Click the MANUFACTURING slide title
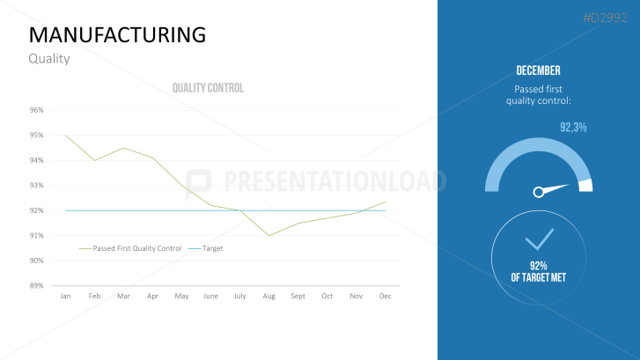pos(117,34)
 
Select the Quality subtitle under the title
pos(48,59)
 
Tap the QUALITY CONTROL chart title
pos(208,88)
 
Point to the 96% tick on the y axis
pos(36,110)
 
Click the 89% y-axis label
pos(36,285)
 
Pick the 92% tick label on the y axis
pos(36,210)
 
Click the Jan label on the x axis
pos(65,296)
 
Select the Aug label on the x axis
pos(269,296)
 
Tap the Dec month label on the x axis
pos(385,296)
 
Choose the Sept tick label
pos(298,296)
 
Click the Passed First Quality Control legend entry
pos(136,248)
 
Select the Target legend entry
pos(212,248)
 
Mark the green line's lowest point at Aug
pos(269,235)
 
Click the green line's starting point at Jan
pos(65,136)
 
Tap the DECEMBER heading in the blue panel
pos(538,70)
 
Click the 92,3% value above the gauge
pos(573,128)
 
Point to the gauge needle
pos(552,188)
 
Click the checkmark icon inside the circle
pos(539,239)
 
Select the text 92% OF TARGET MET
pos(539,271)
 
